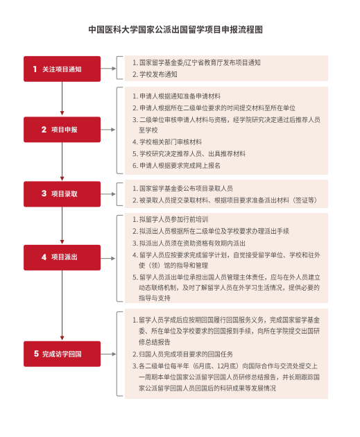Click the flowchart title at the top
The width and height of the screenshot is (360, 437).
pyautogui.click(x=175, y=30)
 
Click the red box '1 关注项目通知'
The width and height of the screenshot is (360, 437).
pyautogui.click(x=62, y=69)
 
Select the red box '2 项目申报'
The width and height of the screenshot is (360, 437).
pyautogui.click(x=62, y=130)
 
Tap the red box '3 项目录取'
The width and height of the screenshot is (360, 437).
pyautogui.click(x=62, y=194)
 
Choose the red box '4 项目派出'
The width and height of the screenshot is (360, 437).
pyautogui.click(x=62, y=257)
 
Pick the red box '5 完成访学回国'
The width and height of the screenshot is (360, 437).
pyautogui.click(x=62, y=354)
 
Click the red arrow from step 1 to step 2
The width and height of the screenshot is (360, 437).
pyautogui.click(x=62, y=98)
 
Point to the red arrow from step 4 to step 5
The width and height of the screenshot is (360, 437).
pyautogui.click(x=62, y=305)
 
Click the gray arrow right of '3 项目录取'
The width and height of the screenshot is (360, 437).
pyautogui.click(x=108, y=194)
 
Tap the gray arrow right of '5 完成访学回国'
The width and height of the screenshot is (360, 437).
pyautogui.click(x=108, y=354)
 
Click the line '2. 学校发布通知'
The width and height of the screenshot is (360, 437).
pyautogui.click(x=155, y=74)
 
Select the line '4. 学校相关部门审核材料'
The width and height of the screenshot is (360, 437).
pyautogui.click(x=167, y=142)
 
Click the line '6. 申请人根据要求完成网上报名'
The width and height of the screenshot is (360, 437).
pyautogui.click(x=176, y=166)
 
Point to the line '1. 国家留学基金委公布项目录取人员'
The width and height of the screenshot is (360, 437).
pyautogui.click(x=182, y=189)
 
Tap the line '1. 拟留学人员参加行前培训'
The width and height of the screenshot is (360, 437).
pyautogui.click(x=170, y=219)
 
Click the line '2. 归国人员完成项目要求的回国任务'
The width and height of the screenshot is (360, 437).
pyautogui.click(x=182, y=354)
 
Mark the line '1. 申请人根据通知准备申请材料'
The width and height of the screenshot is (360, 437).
pyautogui.click(x=176, y=96)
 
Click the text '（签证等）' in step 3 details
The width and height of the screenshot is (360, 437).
pyautogui.click(x=305, y=200)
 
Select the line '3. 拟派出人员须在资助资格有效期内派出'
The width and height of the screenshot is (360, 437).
pyautogui.click(x=189, y=243)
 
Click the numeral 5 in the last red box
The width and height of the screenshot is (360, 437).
pyautogui.click(x=36, y=354)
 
